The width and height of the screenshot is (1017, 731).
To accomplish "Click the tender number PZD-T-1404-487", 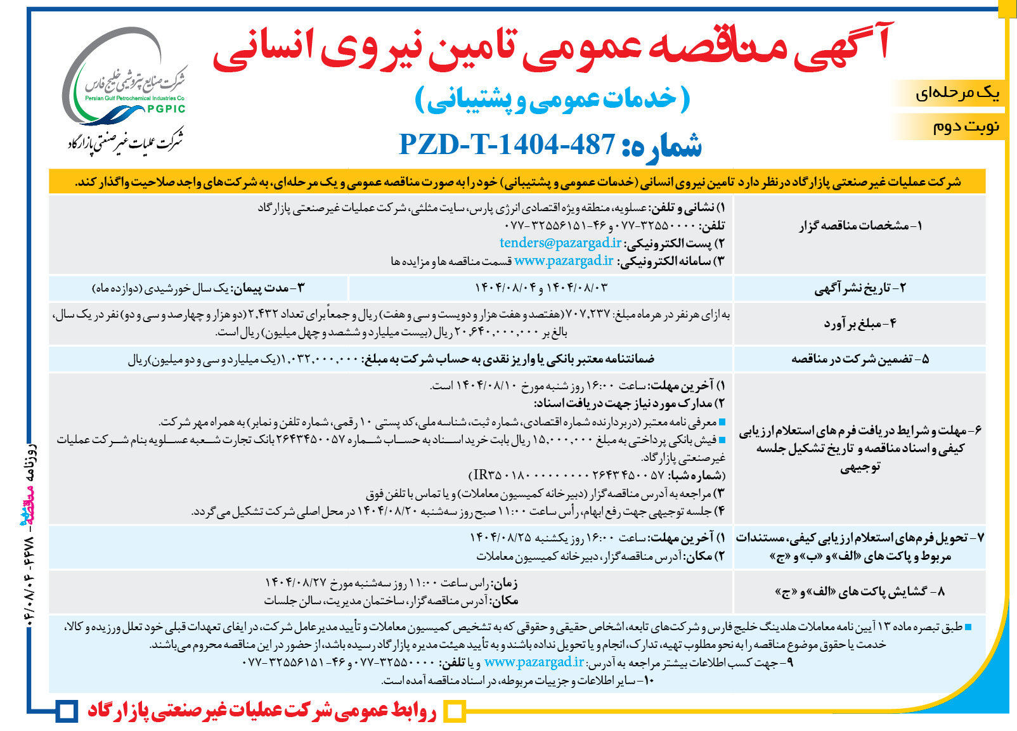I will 507,145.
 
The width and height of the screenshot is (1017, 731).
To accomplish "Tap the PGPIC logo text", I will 166,109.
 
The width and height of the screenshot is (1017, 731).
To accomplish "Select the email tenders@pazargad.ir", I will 560,243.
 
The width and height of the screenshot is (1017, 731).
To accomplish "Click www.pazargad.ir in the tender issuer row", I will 564,261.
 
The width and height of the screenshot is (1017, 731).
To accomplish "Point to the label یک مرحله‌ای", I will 957,93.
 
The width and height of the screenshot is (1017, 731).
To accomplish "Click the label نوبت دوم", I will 966,126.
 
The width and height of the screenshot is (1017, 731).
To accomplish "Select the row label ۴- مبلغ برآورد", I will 860,323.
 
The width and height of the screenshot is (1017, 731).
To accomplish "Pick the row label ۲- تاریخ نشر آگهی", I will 860,288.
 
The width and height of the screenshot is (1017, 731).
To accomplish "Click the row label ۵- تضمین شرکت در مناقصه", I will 860,359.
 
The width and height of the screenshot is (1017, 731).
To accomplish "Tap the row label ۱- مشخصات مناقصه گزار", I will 860,226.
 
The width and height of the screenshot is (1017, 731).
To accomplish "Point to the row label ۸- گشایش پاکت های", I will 860,592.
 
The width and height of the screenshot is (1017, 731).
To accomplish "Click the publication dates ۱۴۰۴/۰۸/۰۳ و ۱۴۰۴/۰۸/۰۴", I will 541,288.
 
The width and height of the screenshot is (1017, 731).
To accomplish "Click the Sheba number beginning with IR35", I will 596,475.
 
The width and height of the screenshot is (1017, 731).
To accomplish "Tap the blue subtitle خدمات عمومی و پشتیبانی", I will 552,100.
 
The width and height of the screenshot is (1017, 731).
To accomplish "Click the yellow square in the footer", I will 454,711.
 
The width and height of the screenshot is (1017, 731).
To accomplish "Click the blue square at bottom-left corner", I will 66,711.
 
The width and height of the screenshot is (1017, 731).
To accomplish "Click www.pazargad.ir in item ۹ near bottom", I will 534,663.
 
